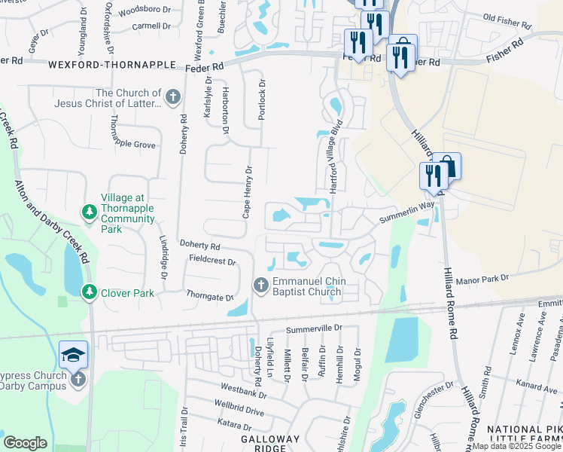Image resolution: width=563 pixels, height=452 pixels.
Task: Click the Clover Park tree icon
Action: [x=89, y=291]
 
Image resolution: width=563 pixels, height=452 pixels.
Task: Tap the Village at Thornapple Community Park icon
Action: [x=89, y=211]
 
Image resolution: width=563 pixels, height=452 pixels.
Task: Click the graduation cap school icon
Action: [x=74, y=354]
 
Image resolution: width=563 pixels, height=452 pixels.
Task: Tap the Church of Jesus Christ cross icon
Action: [x=173, y=97]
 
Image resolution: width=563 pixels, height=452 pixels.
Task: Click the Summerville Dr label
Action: [x=314, y=328]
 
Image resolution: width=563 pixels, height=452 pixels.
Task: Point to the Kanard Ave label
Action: [x=537, y=386]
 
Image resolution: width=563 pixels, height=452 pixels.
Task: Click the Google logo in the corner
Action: [x=25, y=443]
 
